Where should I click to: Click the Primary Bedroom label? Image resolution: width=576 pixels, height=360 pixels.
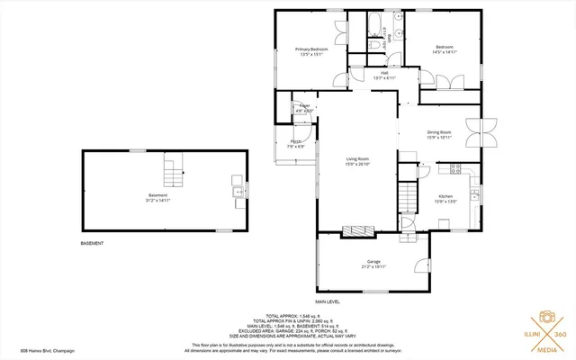[313, 49]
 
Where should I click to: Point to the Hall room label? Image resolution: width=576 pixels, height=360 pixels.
[384, 73]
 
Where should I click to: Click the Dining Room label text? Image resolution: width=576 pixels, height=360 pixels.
[439, 132]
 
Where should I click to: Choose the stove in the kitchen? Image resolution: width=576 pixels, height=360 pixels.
[456, 167]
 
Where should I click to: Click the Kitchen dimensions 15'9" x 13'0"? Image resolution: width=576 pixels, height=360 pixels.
[445, 202]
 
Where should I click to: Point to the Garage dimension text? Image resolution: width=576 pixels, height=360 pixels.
[373, 267]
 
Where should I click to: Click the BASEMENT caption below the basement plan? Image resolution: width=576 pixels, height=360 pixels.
[93, 243]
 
